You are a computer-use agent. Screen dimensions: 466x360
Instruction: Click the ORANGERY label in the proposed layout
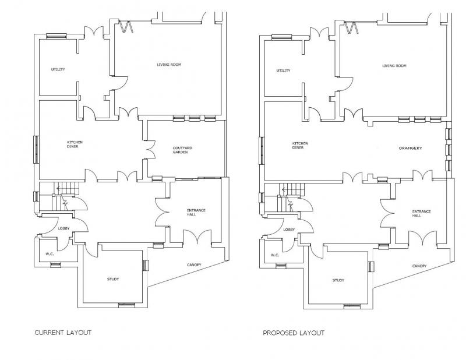click(410, 148)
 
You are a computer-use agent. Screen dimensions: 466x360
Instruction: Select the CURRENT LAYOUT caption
click(63, 333)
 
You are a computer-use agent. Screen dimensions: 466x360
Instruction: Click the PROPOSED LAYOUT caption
click(294, 333)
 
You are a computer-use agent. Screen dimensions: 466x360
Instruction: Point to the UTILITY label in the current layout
click(58, 69)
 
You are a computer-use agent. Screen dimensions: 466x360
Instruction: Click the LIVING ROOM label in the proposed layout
click(394, 66)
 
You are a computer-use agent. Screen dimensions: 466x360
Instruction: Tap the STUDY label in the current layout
click(113, 279)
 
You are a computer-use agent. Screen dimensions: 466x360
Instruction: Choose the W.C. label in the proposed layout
click(275, 255)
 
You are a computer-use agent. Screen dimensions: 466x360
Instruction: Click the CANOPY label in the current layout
click(194, 264)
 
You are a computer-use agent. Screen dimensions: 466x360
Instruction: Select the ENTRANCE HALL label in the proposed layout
click(421, 213)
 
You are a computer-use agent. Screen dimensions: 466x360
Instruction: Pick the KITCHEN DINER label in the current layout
click(75, 144)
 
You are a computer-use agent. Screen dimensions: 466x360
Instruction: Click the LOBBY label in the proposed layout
click(289, 230)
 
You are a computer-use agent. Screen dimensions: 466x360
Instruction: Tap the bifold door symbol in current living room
click(126, 26)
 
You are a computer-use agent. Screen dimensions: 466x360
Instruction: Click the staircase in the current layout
click(66, 196)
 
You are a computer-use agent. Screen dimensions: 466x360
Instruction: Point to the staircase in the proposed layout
click(292, 197)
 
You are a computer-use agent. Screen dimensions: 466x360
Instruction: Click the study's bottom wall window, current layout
click(126, 305)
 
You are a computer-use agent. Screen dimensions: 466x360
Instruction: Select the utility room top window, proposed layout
click(282, 37)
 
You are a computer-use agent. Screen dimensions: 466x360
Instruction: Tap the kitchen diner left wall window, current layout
click(36, 150)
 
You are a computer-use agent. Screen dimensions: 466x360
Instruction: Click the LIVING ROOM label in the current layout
click(169, 65)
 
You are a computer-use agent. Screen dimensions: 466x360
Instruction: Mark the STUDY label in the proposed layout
click(338, 280)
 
